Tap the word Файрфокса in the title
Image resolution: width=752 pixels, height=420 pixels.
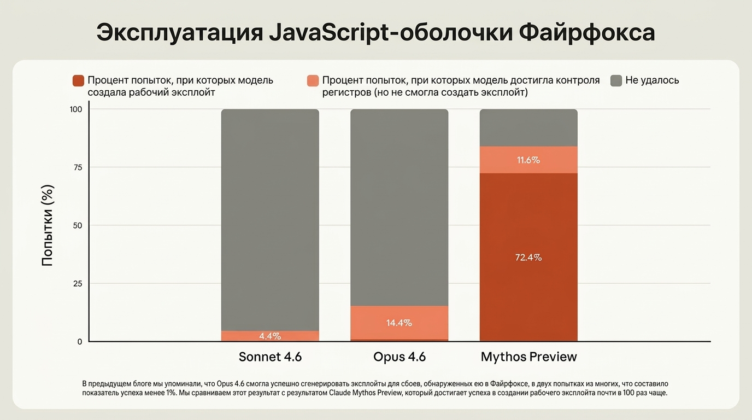click(x=586, y=33)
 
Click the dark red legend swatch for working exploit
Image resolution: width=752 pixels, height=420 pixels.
click(x=78, y=81)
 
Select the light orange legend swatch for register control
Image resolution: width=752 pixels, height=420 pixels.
click(x=313, y=81)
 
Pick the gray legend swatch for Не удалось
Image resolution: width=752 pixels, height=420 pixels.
click(x=616, y=81)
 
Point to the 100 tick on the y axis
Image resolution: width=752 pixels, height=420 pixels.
click(x=75, y=109)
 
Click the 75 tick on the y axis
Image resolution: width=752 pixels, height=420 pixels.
click(x=77, y=167)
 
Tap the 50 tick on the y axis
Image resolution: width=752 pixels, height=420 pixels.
click(x=77, y=225)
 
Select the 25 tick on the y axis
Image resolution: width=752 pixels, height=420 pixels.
click(x=77, y=283)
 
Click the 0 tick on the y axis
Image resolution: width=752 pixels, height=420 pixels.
click(x=79, y=341)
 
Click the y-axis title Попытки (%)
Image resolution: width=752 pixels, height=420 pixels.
click(x=48, y=225)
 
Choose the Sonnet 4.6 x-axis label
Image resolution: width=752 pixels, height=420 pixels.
click(x=270, y=357)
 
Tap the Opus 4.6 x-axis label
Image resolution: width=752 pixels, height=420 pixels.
click(x=399, y=357)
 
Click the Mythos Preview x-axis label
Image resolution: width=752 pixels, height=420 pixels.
click(x=528, y=357)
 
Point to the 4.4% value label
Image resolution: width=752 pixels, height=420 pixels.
click(x=270, y=336)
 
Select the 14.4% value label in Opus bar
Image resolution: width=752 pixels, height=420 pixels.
click(x=399, y=323)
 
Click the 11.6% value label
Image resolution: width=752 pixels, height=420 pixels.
click(x=528, y=160)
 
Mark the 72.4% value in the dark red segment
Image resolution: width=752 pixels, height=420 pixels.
click(x=528, y=257)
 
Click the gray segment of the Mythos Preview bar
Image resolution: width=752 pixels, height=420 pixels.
click(x=528, y=127)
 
